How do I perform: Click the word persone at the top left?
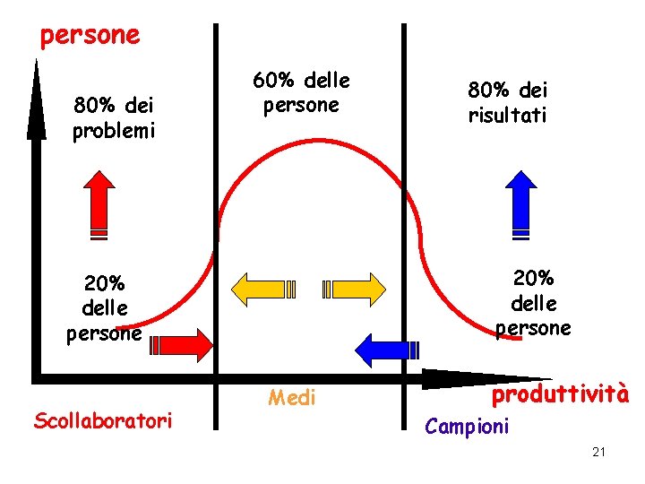(x=90, y=36)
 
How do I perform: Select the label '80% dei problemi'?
(x=114, y=117)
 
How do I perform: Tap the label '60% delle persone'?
(x=301, y=92)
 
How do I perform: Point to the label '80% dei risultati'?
(x=507, y=102)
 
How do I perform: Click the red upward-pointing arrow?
(x=99, y=205)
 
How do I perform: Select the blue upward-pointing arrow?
(x=520, y=205)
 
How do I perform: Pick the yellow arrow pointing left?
(x=264, y=289)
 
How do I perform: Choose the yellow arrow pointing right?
(x=354, y=289)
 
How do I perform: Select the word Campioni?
(x=467, y=426)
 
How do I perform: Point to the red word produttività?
(x=561, y=394)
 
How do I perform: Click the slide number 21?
(x=599, y=452)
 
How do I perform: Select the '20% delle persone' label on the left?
(x=105, y=307)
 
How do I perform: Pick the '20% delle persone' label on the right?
(x=535, y=303)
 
